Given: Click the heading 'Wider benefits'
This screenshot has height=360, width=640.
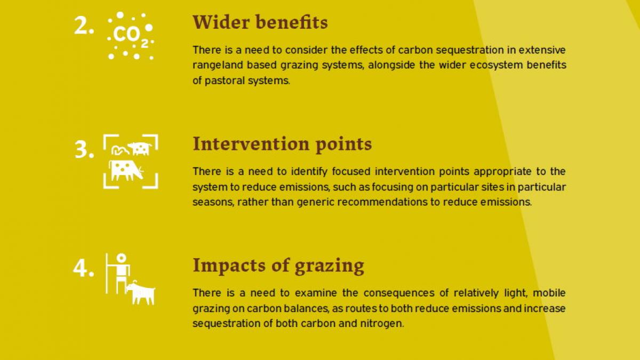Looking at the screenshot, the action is tap(260, 22).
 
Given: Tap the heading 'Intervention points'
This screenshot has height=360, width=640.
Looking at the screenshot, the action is tap(282, 144).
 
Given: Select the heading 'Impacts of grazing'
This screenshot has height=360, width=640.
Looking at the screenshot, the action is tap(278, 266).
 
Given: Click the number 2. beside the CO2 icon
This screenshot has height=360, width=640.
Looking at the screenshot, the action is tap(84, 26).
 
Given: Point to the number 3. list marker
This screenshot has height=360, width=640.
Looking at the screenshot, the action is tap(84, 149).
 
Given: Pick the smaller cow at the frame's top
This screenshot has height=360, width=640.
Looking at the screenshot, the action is tap(140, 148).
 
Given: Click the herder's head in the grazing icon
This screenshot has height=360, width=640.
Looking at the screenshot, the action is tap(122, 258).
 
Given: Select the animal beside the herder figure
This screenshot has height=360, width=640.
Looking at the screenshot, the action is tap(141, 293).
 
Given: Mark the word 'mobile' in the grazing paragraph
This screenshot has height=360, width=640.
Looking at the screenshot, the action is tap(549, 293).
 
